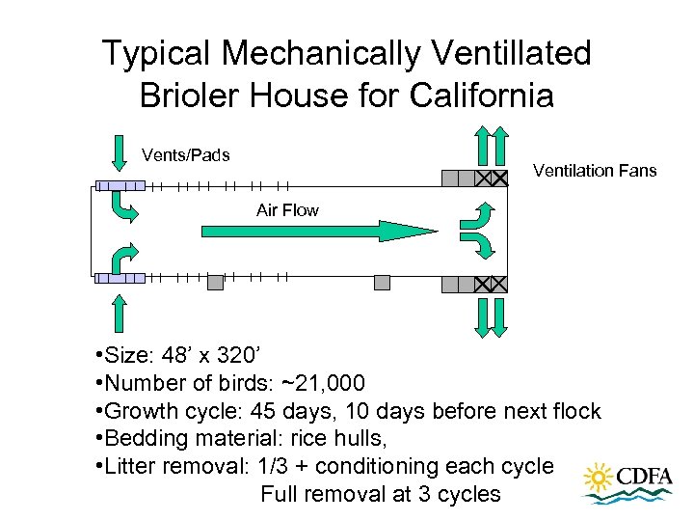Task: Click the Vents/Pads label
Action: pyautogui.click(x=185, y=154)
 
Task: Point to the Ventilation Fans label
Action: pyautogui.click(x=595, y=171)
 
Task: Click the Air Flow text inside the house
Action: pyautogui.click(x=287, y=209)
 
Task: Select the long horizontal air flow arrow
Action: pyautogui.click(x=318, y=231)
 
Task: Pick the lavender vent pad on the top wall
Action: pyautogui.click(x=120, y=186)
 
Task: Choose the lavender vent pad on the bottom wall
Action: pyautogui.click(x=120, y=278)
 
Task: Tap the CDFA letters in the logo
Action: pyautogui.click(x=645, y=478)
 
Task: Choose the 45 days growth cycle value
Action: pyautogui.click(x=274, y=411)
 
